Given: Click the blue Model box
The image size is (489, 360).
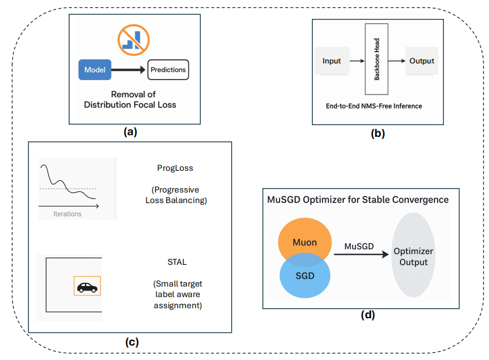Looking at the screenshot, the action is point(95,70).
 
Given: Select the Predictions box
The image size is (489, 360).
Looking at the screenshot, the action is point(168,70).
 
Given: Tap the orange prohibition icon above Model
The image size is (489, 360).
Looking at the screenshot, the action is point(134,40).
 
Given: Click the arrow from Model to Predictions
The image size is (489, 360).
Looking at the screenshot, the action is point(128,70).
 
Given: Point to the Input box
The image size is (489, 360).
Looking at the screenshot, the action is point(332,61).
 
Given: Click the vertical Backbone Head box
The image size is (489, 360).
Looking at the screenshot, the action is point(376,59).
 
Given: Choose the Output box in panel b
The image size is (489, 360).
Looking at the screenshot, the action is point(422,61).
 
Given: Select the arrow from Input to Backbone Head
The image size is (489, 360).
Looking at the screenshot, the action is point(357,61).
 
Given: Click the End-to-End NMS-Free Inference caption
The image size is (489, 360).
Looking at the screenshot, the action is point(374,106).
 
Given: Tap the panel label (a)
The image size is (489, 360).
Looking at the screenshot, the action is point(130,132).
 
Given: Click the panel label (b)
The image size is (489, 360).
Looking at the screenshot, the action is point(378,134).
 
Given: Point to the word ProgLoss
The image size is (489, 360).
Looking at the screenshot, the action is point(175,168).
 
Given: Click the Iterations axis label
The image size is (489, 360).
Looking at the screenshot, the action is point(67,214).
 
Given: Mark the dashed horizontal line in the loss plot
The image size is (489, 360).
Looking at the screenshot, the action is point(68,189).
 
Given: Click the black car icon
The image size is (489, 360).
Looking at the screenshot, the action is point(87,287).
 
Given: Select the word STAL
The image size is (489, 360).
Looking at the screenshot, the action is point(177,262).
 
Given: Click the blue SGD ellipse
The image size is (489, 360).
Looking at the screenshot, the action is point(305,275).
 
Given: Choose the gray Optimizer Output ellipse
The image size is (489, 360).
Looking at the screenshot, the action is point(413,255).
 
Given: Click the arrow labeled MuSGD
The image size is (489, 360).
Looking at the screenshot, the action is point(361,254).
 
